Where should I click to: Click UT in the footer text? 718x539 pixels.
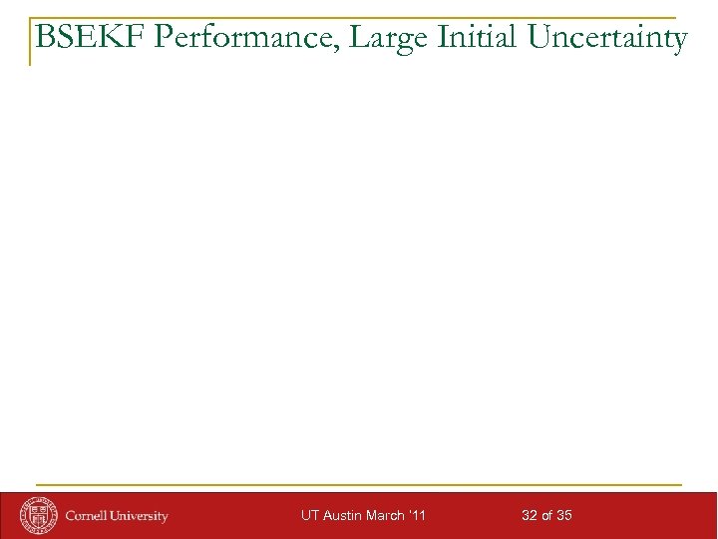point(310,516)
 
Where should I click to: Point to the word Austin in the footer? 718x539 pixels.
point(342,516)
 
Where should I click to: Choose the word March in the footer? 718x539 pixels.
point(386,516)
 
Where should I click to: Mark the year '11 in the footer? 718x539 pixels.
point(418,516)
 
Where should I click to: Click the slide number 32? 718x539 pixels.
point(530,516)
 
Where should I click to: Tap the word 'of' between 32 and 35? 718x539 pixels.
point(546,516)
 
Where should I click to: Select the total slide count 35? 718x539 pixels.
point(563,516)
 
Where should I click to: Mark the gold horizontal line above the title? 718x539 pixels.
point(359,18)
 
